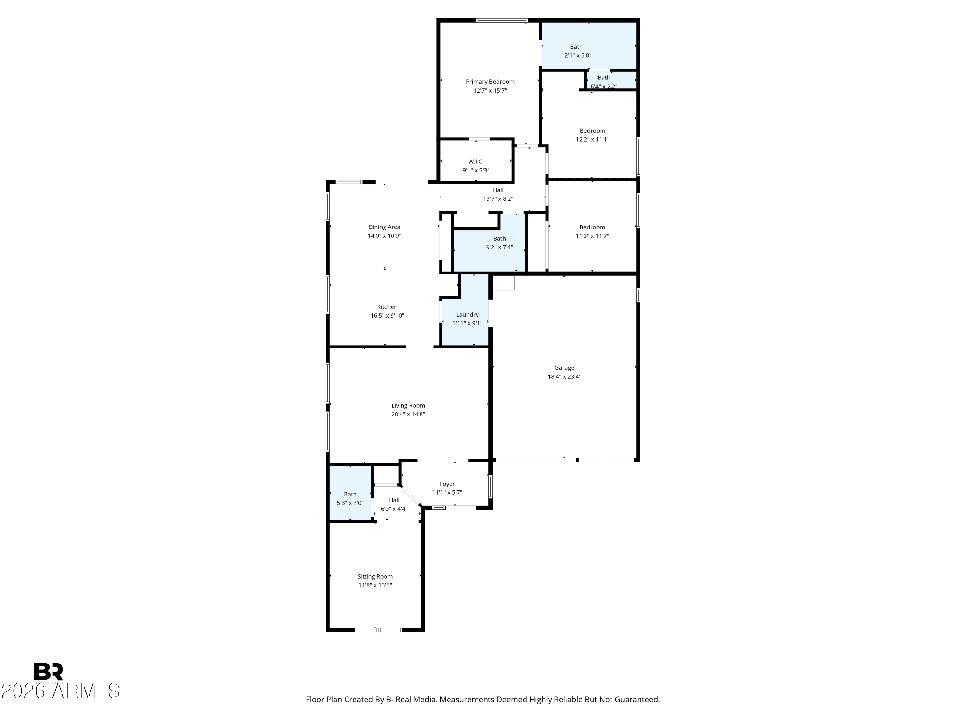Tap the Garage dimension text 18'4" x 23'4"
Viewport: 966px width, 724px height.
pos(564,376)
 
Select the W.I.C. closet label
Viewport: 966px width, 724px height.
pos(476,162)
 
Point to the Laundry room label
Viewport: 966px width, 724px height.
pos(467,315)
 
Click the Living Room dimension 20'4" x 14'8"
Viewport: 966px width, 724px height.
pos(408,414)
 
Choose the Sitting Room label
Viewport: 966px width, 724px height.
pos(375,577)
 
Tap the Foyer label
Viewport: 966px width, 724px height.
pos(447,484)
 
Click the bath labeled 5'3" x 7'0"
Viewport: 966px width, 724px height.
pos(350,498)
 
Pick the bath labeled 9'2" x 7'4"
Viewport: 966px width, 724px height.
pos(499,243)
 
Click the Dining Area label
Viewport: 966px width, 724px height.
pos(384,227)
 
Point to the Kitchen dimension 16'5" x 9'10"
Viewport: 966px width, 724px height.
pos(387,316)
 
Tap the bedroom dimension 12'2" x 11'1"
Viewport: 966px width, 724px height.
pos(592,140)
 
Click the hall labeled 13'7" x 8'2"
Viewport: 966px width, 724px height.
pos(498,194)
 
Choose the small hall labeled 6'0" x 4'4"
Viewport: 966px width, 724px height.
pos(394,505)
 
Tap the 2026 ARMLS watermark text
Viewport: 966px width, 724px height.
pos(60,691)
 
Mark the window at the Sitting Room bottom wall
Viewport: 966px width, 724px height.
pos(378,630)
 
